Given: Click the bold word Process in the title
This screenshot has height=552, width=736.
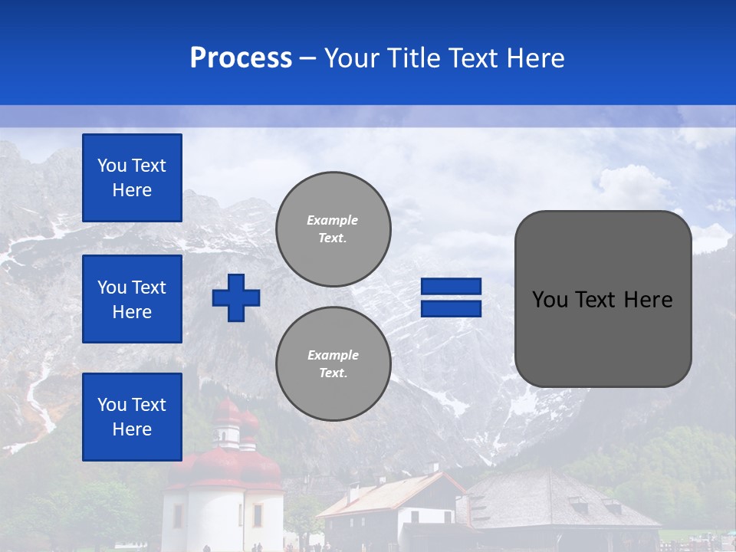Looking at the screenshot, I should [x=241, y=58].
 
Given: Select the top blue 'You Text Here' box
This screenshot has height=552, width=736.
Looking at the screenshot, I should [x=132, y=178].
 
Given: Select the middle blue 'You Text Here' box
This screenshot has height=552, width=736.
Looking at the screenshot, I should [x=132, y=299].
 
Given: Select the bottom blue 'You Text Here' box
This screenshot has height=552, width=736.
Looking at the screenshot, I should [x=132, y=416].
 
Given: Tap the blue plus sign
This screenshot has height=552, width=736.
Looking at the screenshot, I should [x=236, y=297].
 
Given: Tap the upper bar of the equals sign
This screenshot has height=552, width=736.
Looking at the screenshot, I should [x=451, y=286].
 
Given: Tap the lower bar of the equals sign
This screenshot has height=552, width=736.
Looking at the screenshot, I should [x=451, y=308].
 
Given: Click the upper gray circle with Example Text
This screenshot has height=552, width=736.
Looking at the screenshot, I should [x=333, y=228].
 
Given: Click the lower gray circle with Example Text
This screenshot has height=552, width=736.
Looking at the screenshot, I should [x=333, y=363].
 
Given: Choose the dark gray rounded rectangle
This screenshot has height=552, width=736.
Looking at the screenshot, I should [x=603, y=337].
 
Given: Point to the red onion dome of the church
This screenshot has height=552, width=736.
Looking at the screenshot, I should [x=227, y=415].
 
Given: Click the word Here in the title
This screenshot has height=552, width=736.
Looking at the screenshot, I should [x=534, y=58].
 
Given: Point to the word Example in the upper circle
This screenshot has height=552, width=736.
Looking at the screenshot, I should [x=332, y=220].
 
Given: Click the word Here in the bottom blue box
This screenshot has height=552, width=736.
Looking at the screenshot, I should [x=132, y=429].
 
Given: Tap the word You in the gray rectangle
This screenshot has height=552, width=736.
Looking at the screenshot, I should [x=548, y=300].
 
